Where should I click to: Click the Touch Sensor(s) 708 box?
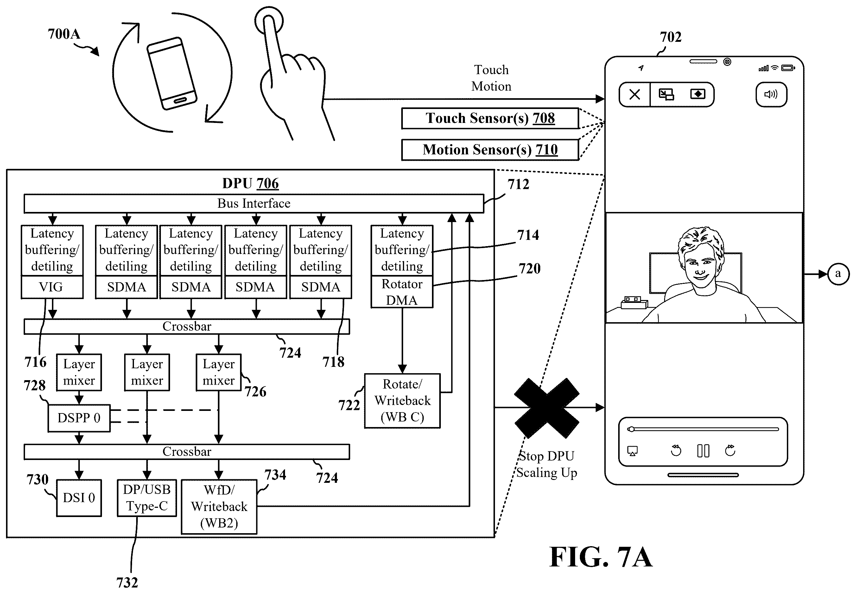click(490, 118)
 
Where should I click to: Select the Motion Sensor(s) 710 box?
click(490, 150)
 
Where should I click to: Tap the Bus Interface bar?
click(254, 204)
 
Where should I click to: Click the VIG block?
click(52, 287)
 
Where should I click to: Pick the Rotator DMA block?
click(402, 292)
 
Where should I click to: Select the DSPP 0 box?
click(79, 418)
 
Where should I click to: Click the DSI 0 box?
click(79, 498)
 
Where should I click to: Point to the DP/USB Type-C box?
click(147, 498)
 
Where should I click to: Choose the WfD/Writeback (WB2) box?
click(219, 507)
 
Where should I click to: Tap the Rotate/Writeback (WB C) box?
click(402, 401)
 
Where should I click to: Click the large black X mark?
click(547, 408)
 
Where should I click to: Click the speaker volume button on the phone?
click(771, 94)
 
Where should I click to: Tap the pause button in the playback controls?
click(703, 451)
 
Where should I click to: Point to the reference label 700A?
click(64, 34)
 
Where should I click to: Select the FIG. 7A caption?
click(601, 557)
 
